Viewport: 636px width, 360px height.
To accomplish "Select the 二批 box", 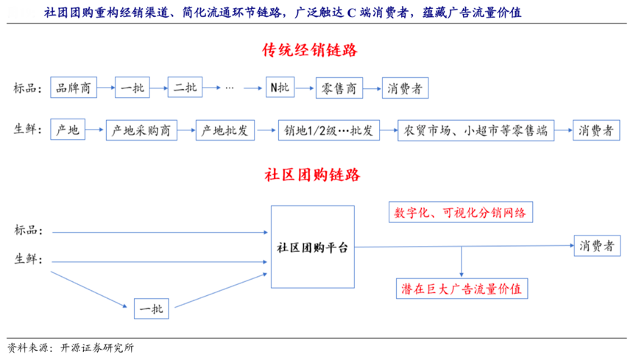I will (x=184, y=88).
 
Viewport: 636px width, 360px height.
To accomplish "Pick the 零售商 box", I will (x=339, y=88).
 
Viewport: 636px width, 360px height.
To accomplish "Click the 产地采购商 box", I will (x=141, y=130).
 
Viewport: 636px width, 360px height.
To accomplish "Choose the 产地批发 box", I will (x=225, y=130).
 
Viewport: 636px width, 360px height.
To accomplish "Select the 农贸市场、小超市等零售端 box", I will (x=475, y=130).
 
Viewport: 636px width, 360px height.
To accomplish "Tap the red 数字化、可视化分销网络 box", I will (x=461, y=213).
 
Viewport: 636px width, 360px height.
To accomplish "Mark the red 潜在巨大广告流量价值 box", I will (x=461, y=289).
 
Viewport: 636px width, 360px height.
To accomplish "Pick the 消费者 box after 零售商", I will (x=405, y=88).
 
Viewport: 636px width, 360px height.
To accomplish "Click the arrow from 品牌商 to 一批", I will (x=106, y=88).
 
